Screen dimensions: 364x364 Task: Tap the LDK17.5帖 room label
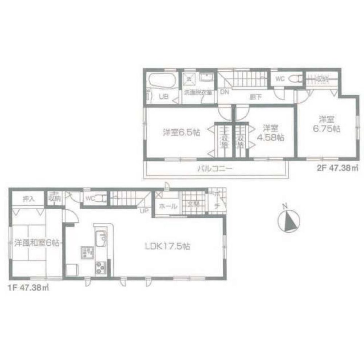pos(167,246)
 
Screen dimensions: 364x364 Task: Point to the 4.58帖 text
pos(271,138)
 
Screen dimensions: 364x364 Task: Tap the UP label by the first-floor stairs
pos(145,211)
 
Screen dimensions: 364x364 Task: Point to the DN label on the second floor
pos(224,92)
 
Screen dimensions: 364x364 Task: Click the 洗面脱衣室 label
pos(199,92)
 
